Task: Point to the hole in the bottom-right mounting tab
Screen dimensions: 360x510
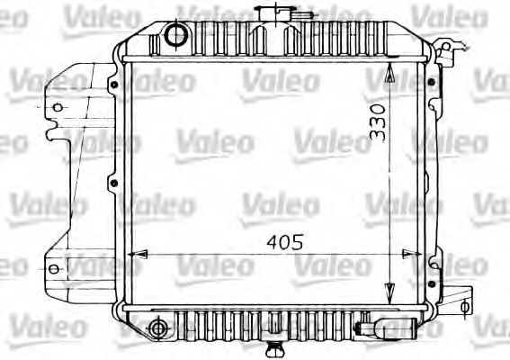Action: pyautogui.click(x=462, y=306)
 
